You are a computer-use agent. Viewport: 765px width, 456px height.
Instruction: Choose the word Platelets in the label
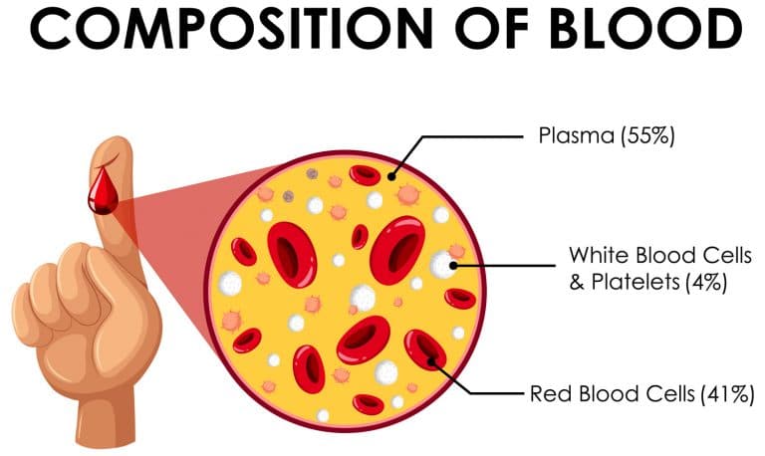pyautogui.click(x=633, y=282)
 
